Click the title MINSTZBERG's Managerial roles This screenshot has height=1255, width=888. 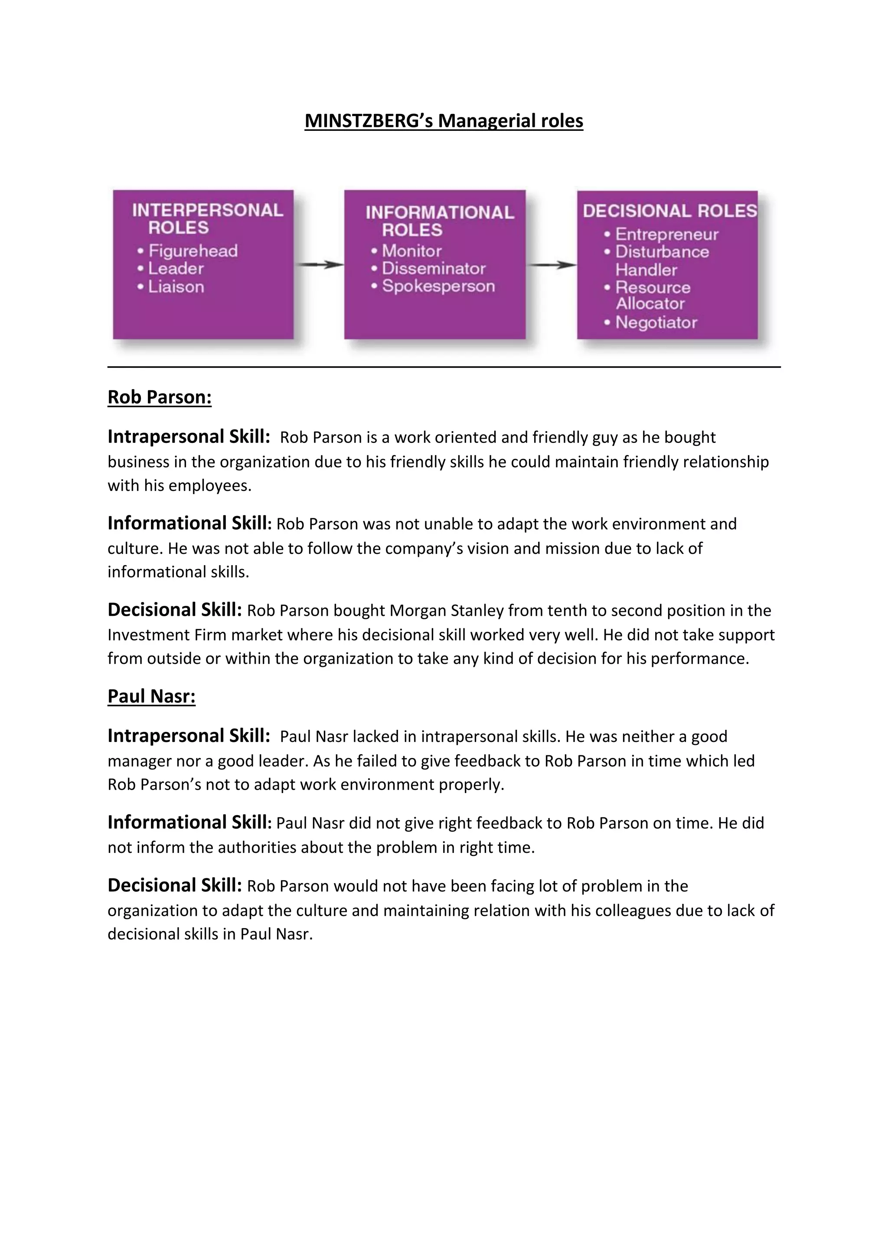[x=444, y=121]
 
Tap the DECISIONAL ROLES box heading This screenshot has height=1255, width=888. [x=669, y=211]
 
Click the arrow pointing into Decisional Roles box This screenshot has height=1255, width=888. [x=551, y=265]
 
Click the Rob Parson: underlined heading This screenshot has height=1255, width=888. [x=159, y=397]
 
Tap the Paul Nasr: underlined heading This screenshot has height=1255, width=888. [x=151, y=696]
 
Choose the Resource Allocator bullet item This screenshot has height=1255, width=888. [x=652, y=296]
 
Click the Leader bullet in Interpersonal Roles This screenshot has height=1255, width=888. [x=176, y=268]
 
